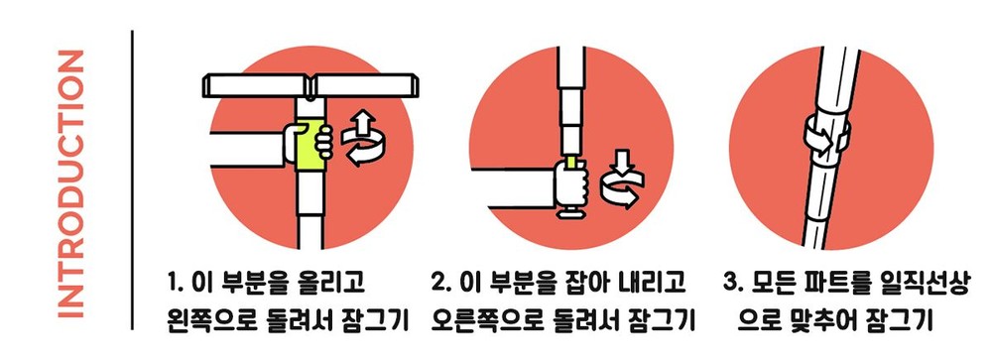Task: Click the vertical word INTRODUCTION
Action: (70, 183)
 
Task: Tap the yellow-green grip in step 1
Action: (310, 143)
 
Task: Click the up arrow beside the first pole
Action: (362, 125)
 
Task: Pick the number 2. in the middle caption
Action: (439, 283)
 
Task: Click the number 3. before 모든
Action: (732, 283)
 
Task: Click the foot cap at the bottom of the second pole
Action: (571, 213)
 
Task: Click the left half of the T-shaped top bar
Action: (256, 84)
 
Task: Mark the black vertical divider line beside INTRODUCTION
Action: (133, 180)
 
